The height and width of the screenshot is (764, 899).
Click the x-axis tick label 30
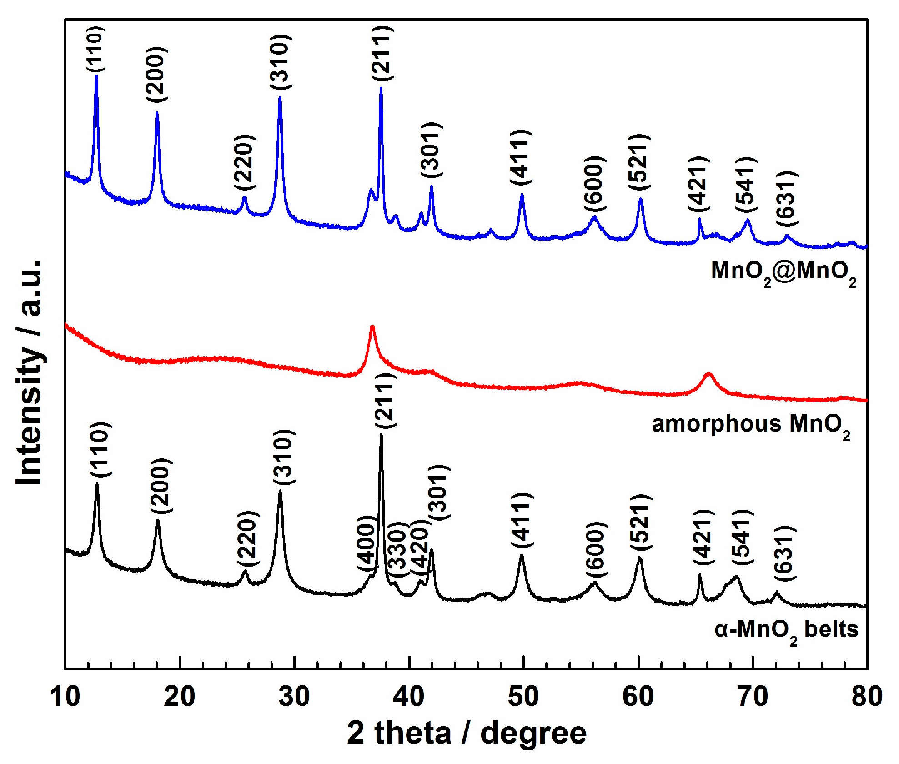point(294,696)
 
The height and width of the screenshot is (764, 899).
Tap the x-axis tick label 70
point(753,696)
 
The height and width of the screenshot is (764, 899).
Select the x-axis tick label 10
point(65,696)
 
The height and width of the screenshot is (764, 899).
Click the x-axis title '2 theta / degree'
point(467,733)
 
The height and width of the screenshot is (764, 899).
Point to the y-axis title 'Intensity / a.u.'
point(29,373)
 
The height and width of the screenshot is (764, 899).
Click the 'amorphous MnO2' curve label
point(750,425)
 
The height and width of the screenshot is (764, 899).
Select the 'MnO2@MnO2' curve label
point(783,272)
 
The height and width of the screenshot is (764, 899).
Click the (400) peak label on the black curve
point(367,543)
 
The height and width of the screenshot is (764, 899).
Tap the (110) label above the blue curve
point(96,49)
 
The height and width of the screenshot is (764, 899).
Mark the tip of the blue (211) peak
point(381,88)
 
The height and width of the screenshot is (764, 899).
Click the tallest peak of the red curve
point(372,327)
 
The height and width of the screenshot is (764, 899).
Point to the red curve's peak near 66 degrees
point(708,374)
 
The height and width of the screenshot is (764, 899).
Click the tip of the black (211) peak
point(381,435)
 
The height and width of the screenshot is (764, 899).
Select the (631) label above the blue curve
point(787,198)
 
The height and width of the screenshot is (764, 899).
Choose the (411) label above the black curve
point(521,520)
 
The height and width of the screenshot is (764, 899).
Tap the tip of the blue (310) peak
point(280,97)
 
